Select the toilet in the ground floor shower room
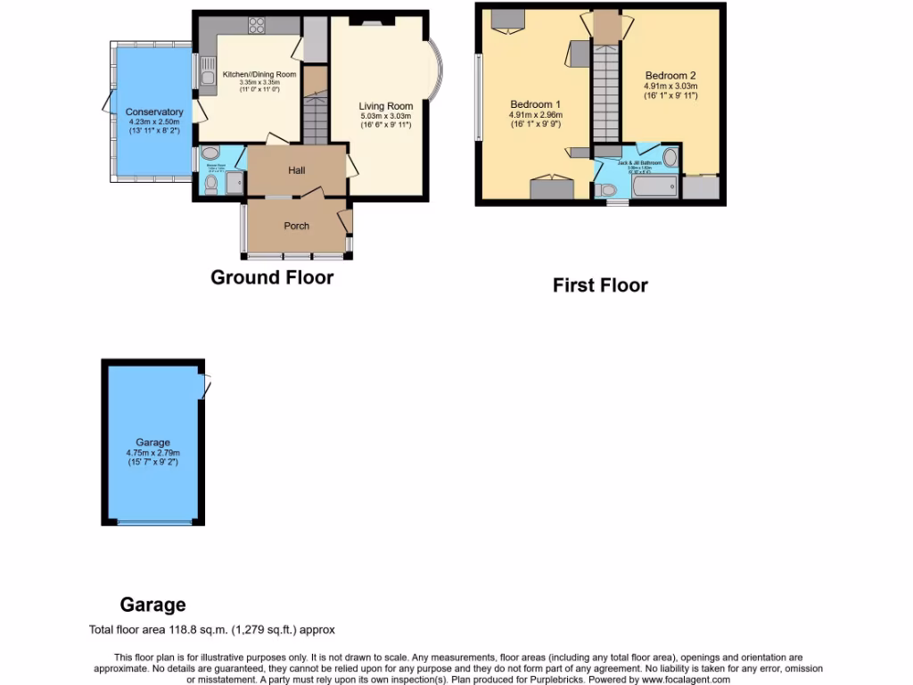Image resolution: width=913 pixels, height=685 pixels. [x=210, y=185]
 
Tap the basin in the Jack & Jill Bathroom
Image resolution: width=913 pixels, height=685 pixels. [x=670, y=160]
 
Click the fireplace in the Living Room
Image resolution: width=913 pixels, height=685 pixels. [x=367, y=19]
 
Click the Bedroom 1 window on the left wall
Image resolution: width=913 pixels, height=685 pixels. [x=479, y=98]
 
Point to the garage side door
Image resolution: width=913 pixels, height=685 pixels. [x=206, y=384]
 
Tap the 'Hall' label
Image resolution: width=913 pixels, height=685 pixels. [x=297, y=169]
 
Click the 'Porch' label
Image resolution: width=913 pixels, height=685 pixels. [x=296, y=226]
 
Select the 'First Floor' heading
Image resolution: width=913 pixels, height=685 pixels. [x=600, y=285]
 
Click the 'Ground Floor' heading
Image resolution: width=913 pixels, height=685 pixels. [x=272, y=277]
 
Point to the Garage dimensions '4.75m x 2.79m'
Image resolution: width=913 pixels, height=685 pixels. [x=152, y=453]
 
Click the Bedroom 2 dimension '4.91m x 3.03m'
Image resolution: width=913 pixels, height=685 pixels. [x=670, y=87]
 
